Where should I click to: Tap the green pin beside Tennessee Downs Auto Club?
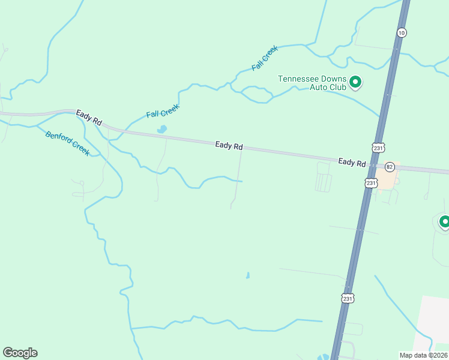point(355,82)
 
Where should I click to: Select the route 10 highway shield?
point(402,32)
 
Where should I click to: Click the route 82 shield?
point(390,166)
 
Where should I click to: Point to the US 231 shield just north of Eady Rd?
point(378,147)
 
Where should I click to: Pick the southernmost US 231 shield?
point(348,298)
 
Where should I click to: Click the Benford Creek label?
point(67,143)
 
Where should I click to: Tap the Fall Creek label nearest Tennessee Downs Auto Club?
point(265,58)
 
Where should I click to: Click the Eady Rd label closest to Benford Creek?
point(89,117)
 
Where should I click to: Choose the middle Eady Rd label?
point(229,146)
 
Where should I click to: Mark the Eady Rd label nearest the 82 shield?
point(352,163)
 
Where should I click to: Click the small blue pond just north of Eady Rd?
point(161,129)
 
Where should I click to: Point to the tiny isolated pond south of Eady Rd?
point(247,276)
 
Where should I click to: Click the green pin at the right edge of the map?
point(444,223)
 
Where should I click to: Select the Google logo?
point(20,353)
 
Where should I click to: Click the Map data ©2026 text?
point(423,355)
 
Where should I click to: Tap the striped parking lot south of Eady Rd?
point(323,182)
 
